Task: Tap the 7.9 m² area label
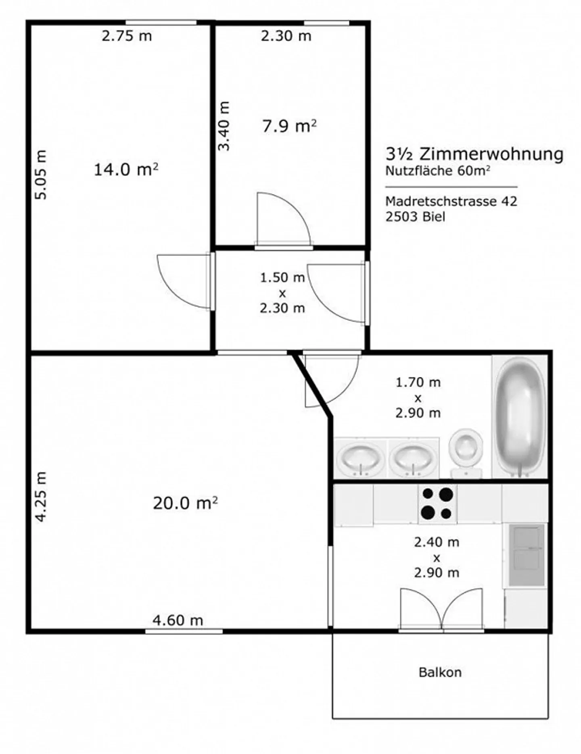click(289, 127)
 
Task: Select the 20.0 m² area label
click(185, 503)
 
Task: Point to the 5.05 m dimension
click(41, 174)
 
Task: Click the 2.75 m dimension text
click(127, 36)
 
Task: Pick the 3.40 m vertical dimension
click(224, 126)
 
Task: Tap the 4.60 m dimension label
click(178, 620)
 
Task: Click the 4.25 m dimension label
click(41, 497)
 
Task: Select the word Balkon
click(440, 672)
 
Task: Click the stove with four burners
click(437, 503)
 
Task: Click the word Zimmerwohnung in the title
click(491, 154)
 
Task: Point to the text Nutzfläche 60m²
click(437, 171)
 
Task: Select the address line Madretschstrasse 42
click(451, 201)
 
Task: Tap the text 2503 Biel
click(415, 217)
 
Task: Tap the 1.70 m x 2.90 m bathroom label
click(418, 397)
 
